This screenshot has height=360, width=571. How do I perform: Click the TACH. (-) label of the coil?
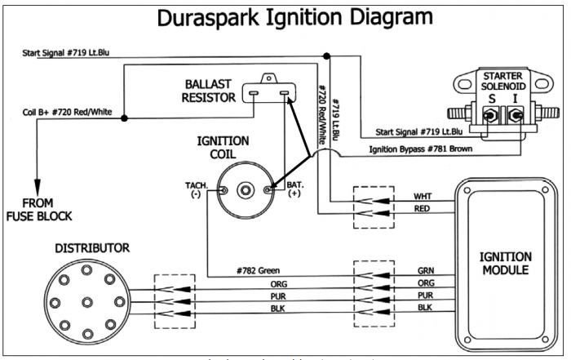pyautogui.click(x=197, y=191)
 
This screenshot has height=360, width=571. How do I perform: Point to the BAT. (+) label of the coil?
pyautogui.click(x=294, y=191)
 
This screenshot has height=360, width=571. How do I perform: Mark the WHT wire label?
pyautogui.click(x=423, y=197)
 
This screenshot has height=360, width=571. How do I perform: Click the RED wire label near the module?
pyautogui.click(x=423, y=210)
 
